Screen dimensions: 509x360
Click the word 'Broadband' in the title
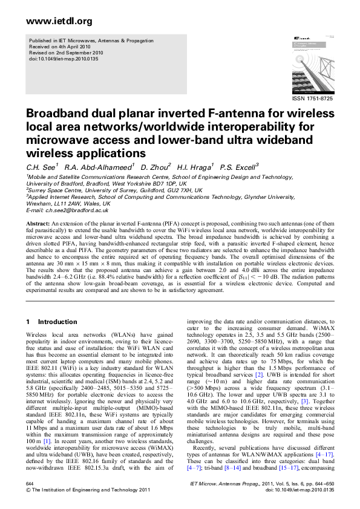tap(56, 115)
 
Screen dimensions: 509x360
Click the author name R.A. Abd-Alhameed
tap(99, 166)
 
